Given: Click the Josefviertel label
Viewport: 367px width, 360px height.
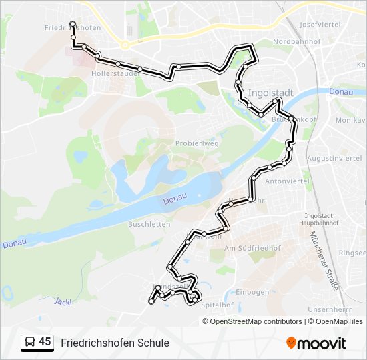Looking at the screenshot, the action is (320, 24).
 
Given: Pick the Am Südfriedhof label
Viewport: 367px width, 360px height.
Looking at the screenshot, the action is (253, 248).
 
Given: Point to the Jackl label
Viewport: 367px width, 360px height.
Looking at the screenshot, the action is (62, 301).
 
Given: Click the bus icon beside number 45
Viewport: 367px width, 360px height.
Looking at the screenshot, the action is (30, 343).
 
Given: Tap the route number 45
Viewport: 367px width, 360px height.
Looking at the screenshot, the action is (45, 342).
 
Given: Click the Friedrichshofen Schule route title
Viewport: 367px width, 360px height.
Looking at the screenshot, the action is (115, 343).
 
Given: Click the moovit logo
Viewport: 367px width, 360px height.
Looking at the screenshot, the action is (316, 343).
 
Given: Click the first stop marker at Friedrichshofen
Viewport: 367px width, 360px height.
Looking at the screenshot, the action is (72, 24).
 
